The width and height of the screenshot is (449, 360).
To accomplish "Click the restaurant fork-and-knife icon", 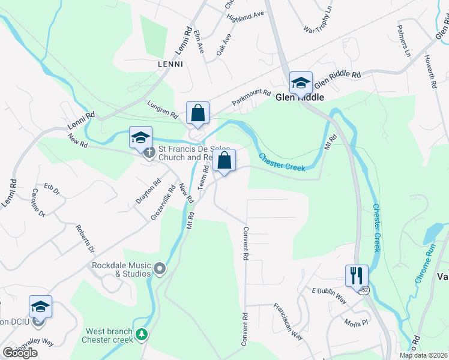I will point(357,275).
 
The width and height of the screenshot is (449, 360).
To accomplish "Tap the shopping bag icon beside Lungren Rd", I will point(197,112).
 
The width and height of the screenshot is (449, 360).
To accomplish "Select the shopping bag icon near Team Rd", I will point(224,160).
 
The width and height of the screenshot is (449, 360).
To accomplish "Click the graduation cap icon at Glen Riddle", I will point(300,82).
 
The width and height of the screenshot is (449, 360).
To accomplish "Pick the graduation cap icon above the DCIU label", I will point(40,307).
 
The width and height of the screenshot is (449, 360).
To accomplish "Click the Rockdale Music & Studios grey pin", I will point(159,269).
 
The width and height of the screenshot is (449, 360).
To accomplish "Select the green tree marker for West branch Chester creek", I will point(141,333).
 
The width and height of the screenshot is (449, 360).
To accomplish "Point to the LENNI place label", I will point(170,64).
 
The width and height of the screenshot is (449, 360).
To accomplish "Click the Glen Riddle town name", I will point(300,97).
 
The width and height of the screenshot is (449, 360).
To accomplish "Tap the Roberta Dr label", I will point(85,239).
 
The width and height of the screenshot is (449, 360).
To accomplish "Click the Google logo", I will point(20,353).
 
